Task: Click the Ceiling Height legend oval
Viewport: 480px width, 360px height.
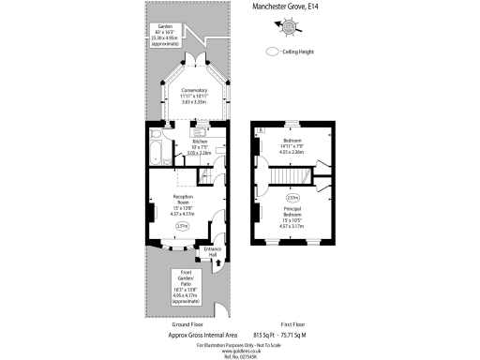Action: point(275,52)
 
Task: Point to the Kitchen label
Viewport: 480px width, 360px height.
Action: point(199,148)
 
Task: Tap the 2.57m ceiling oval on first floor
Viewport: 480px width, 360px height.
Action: point(292,198)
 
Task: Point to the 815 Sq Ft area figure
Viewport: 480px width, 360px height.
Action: point(266,334)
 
